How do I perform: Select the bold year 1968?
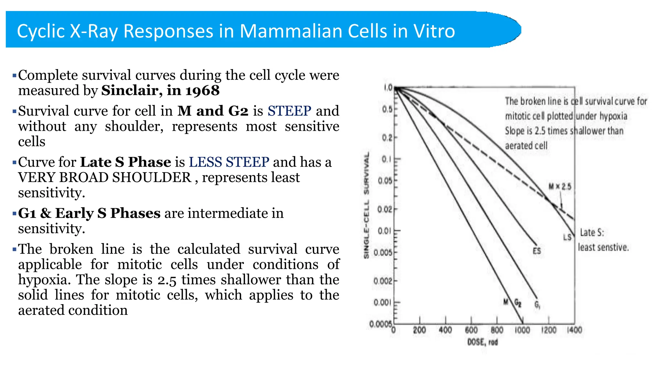[x=202, y=91]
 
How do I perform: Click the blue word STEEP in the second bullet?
[x=289, y=111]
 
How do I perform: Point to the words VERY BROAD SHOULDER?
[x=105, y=178]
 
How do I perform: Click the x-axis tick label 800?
[x=497, y=330]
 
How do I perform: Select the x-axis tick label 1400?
[x=574, y=330]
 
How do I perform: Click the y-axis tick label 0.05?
[x=385, y=181]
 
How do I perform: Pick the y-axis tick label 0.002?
[x=383, y=281]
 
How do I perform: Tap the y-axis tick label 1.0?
[x=388, y=88]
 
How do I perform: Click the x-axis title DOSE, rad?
[x=482, y=342]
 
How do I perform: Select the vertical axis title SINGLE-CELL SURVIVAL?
[x=367, y=205]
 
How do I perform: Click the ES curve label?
[x=537, y=251]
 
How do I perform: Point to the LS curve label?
[x=567, y=237]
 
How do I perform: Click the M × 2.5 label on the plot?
[x=560, y=187]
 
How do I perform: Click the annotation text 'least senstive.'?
[x=603, y=248]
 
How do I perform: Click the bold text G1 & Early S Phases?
[x=89, y=213]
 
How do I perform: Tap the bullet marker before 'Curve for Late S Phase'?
[x=14, y=162]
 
